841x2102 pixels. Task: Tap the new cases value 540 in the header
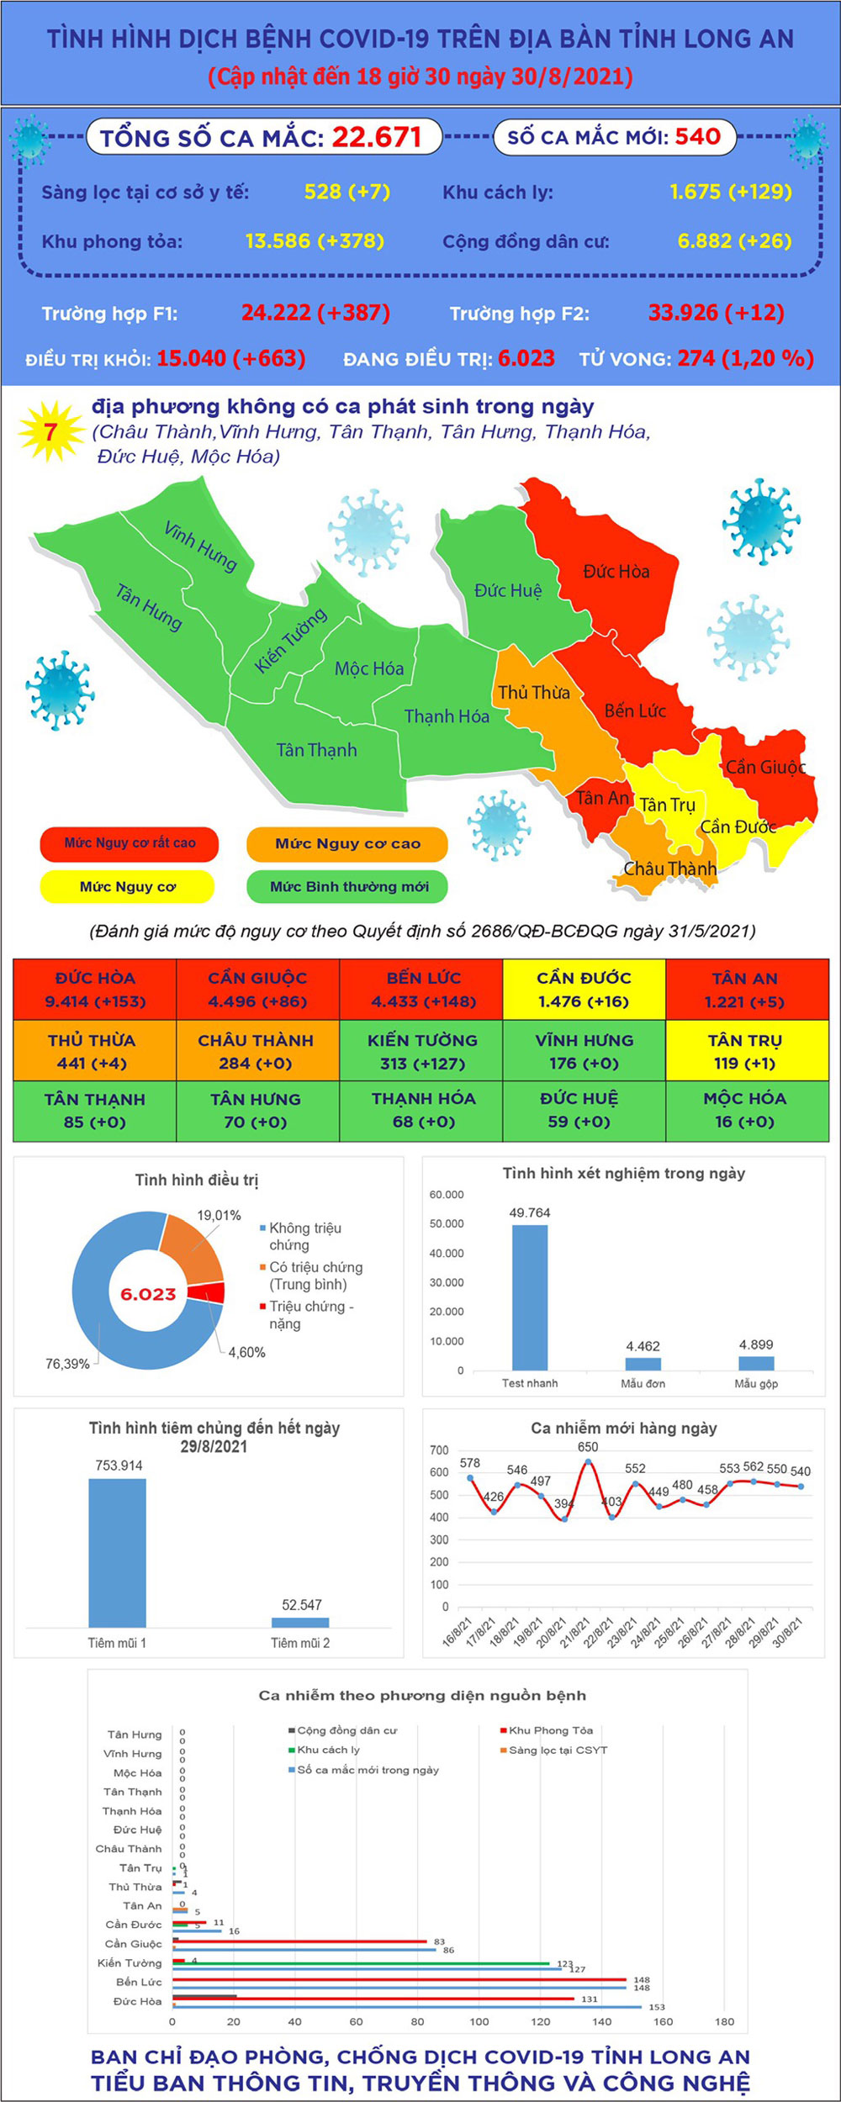tap(697, 136)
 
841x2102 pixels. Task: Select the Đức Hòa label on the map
tap(616, 572)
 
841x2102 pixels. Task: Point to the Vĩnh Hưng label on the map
tap(200, 547)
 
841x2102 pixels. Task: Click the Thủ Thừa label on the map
tap(534, 693)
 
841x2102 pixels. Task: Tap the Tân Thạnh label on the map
tap(317, 750)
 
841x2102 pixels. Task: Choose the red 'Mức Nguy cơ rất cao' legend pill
tap(130, 843)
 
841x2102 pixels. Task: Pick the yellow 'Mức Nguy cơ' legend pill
tap(127, 886)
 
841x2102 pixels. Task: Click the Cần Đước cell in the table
tap(584, 990)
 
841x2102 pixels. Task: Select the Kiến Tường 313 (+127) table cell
tap(421, 1051)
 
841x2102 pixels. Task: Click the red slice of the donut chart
tap(207, 1293)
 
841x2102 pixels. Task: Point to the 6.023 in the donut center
tap(148, 1294)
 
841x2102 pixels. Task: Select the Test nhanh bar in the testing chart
tap(530, 1297)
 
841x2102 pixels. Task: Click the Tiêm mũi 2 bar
tap(300, 1622)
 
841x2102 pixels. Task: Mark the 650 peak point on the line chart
tap(588, 1461)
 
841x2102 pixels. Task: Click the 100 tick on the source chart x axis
tap(479, 2021)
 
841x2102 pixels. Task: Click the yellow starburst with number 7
tap(50, 432)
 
